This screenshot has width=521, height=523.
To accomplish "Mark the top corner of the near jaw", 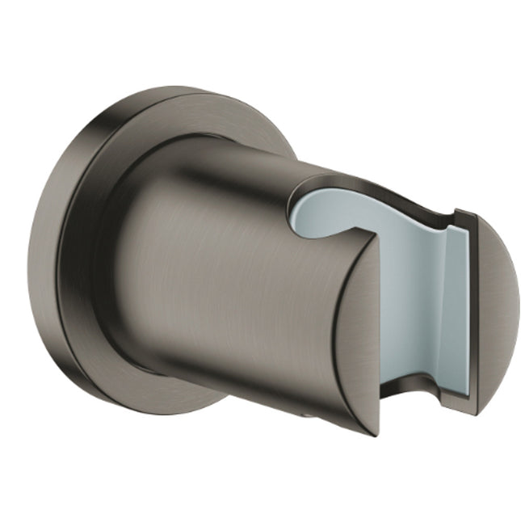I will pyautogui.click(x=376, y=239).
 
